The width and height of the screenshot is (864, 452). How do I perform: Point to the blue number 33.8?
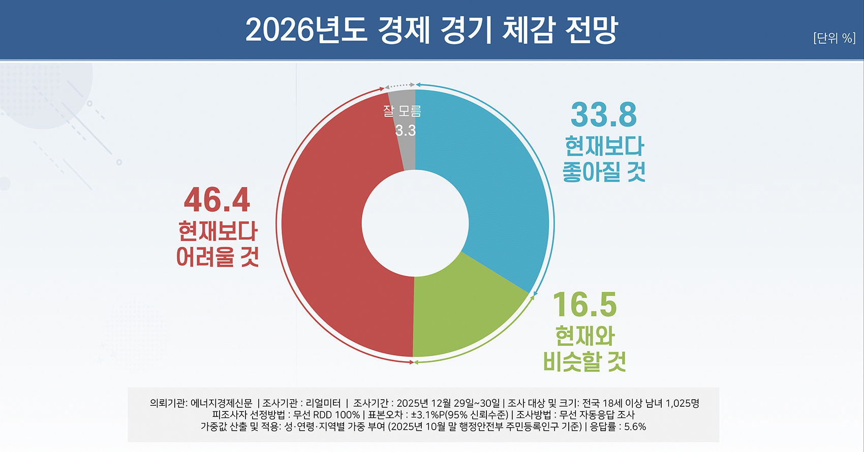click(x=604, y=114)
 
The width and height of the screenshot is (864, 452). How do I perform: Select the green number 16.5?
click(x=585, y=304)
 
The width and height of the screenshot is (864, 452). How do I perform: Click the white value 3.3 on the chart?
click(x=406, y=131)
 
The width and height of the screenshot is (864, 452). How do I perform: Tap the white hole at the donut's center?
click(x=415, y=223)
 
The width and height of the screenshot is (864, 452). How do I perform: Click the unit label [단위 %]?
click(x=835, y=38)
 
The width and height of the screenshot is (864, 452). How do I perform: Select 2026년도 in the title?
click(x=306, y=30)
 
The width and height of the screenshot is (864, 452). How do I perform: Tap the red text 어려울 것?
click(x=217, y=256)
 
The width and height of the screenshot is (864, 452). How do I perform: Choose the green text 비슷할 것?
click(x=584, y=361)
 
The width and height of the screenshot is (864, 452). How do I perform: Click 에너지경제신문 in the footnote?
click(x=222, y=403)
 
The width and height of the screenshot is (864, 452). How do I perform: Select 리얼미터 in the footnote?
click(x=323, y=403)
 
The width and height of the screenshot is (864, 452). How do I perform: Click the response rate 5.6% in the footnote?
click(x=635, y=427)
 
